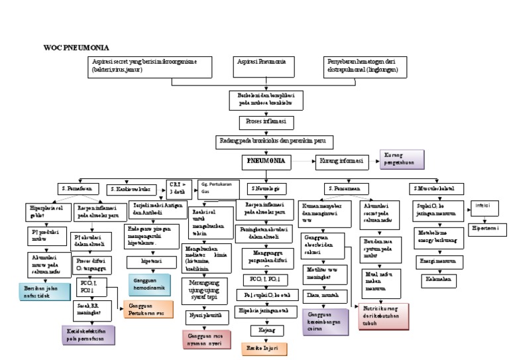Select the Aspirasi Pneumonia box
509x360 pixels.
[262, 65]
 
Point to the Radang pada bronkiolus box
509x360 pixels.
[274, 141]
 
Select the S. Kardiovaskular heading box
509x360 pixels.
[135, 188]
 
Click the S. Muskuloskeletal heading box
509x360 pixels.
[436, 188]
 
